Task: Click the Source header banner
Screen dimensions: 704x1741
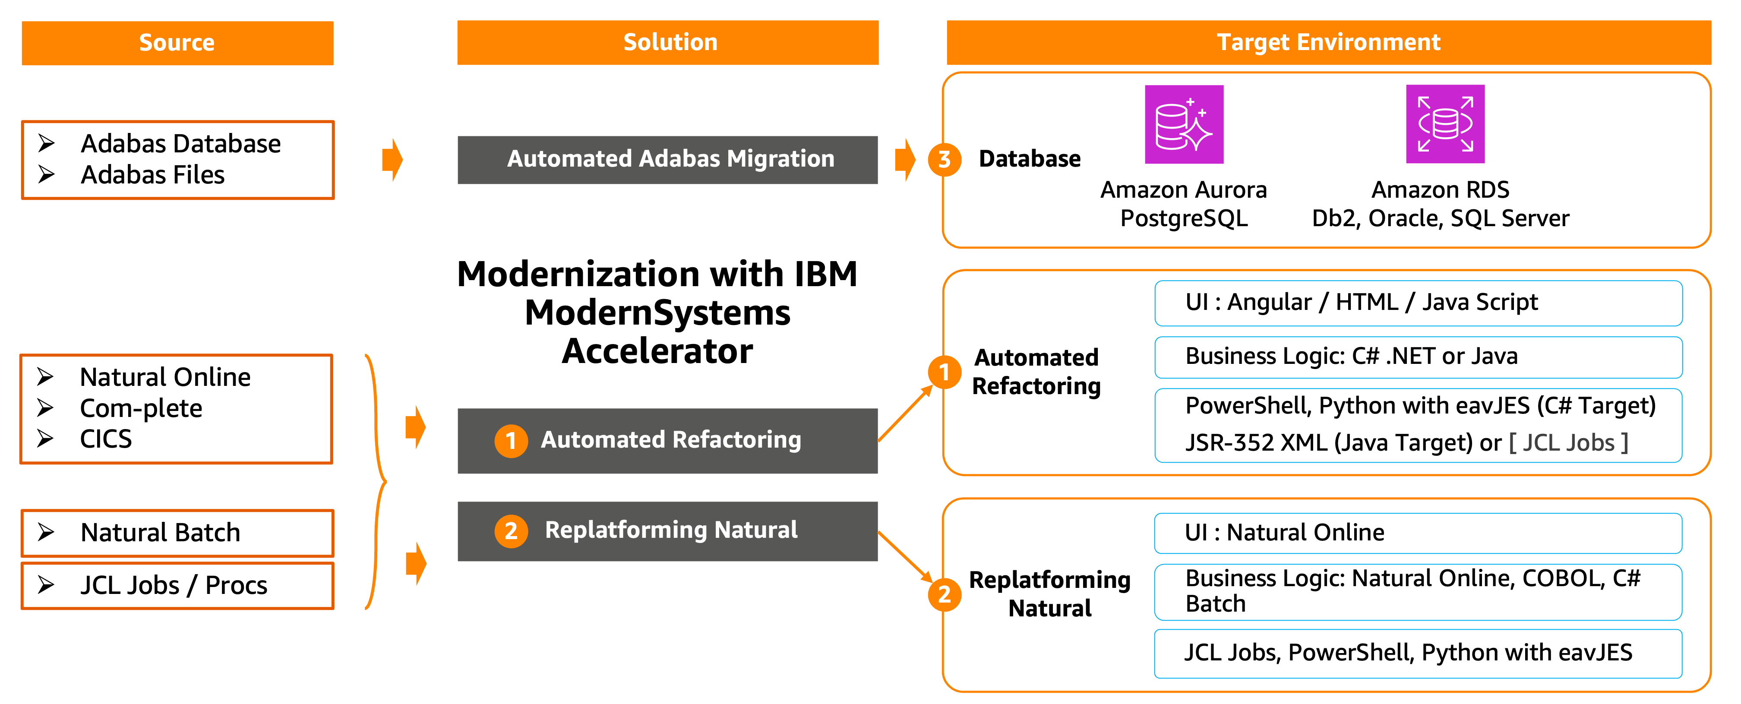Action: pos(177,43)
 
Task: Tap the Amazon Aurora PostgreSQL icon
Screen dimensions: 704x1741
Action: pos(1183,124)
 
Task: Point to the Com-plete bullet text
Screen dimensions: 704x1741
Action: pos(141,408)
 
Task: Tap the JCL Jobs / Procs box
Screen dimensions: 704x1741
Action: pos(177,585)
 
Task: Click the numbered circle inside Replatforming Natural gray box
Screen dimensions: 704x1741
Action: pos(511,531)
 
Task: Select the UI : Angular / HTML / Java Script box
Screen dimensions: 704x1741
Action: pos(1418,303)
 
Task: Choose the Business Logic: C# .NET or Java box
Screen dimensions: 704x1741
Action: pos(1418,357)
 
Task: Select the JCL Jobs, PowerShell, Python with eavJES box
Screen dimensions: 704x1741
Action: pos(1418,653)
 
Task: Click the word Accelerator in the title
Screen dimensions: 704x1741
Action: pos(657,351)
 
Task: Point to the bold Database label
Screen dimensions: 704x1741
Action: pos(1029,159)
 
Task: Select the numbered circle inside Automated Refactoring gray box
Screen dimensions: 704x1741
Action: pos(511,441)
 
